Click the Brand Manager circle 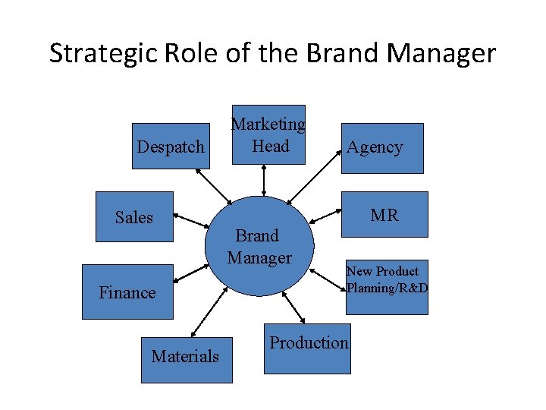(259, 246)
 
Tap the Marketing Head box (268, 134)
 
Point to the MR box (384, 216)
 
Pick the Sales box (134, 217)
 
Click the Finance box (127, 292)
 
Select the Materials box (185, 355)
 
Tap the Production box (308, 348)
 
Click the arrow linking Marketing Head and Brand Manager (263, 180)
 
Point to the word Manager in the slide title (441, 54)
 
